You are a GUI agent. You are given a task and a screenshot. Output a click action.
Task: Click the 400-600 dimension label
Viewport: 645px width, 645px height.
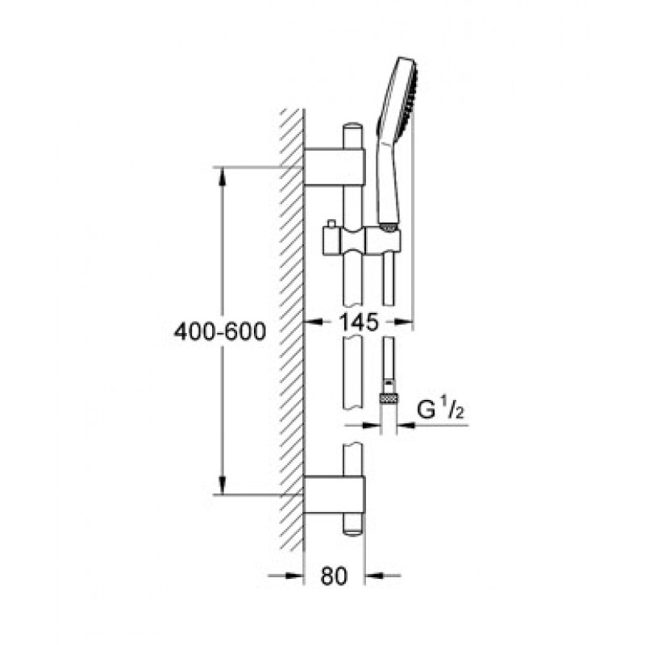[x=220, y=331]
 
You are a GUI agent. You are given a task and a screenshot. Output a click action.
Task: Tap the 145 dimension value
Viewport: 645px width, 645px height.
[x=358, y=322]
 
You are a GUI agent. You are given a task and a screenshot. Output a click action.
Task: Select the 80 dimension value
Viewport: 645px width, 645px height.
[x=334, y=576]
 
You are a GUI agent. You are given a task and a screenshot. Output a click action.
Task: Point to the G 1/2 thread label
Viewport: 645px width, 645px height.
[x=440, y=409]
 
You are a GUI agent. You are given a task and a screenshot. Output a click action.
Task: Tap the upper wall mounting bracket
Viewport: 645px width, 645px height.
[x=335, y=167]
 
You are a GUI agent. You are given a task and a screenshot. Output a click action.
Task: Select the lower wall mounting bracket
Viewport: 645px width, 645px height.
[x=335, y=494]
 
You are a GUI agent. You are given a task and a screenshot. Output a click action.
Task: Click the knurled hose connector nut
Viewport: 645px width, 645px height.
[x=389, y=398]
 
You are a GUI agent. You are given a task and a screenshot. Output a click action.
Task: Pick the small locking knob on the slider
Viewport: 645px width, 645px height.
[x=331, y=223]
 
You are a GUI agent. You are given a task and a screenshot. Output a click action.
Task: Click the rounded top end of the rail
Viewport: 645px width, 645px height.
[x=353, y=127]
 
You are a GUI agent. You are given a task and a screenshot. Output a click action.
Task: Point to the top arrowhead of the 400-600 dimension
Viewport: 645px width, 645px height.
[x=223, y=176]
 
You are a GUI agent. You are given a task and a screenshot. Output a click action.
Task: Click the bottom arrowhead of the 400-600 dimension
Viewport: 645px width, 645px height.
[x=223, y=485]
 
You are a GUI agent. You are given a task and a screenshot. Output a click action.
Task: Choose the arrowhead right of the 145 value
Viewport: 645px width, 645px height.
[x=403, y=322]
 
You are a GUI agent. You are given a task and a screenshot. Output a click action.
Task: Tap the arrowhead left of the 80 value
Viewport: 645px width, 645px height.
[x=293, y=576]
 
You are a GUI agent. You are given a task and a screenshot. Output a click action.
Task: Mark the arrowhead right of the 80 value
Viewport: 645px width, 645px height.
[x=374, y=576]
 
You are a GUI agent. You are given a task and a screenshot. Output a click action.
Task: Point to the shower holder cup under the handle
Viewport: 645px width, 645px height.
[x=383, y=241]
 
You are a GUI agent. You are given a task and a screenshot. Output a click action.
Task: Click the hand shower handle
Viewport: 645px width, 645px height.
[x=387, y=177]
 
